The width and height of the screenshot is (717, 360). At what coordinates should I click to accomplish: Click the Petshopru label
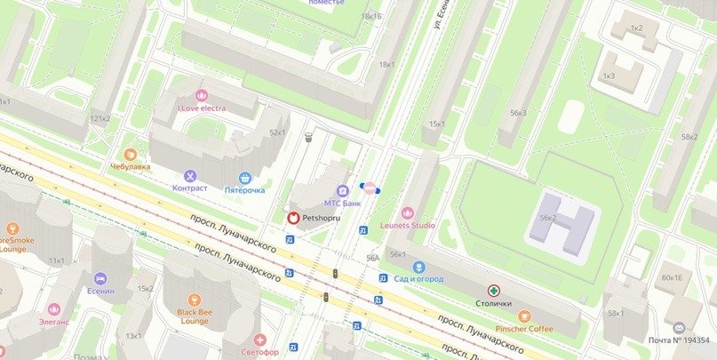coord(322,217)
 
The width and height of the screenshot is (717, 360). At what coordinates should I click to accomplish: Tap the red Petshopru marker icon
coord(292,217)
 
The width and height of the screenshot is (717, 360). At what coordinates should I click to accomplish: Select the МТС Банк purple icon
coord(342,191)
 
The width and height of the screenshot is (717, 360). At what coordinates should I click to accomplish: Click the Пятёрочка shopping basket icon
coord(244,178)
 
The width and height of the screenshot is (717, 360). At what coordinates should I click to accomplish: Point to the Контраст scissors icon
coord(189,176)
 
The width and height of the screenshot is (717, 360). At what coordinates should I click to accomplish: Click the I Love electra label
coord(201,108)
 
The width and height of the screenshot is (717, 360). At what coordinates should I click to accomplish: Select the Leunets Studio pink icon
coord(408,212)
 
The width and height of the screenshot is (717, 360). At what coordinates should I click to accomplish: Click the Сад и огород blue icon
coord(419,267)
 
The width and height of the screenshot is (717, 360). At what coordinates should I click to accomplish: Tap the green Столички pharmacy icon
coord(494,290)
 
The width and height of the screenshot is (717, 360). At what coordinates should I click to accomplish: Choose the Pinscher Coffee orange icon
coord(524,316)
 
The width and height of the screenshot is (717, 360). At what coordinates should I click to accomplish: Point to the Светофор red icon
coord(259,340)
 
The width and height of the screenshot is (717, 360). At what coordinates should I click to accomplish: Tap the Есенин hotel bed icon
coord(100,279)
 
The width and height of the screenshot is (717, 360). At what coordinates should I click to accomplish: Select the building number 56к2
coord(548,218)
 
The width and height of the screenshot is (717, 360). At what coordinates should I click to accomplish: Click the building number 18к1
coord(386,64)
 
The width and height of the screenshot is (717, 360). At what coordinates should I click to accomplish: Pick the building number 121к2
coord(100,118)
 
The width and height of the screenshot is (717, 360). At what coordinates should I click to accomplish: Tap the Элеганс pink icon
coord(55,313)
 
